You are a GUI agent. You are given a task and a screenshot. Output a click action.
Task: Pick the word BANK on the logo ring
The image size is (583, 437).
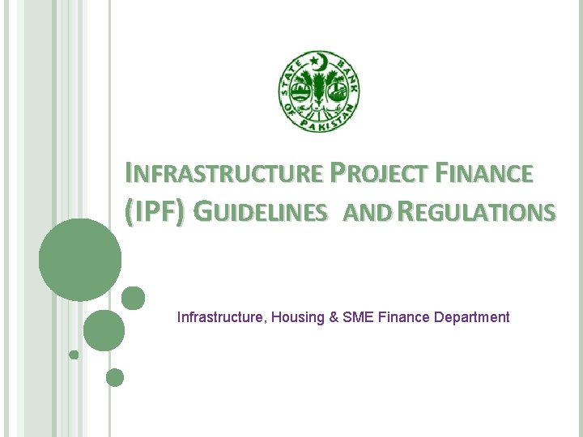point(346,75)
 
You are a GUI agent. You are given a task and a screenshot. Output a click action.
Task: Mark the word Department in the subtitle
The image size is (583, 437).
point(472,317)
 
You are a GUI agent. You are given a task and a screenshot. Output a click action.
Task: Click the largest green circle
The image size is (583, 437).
point(79,261)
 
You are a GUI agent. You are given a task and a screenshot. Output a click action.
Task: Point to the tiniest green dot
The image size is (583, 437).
point(74,354)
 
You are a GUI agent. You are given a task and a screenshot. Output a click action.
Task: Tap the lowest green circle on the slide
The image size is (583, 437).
point(115,377)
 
